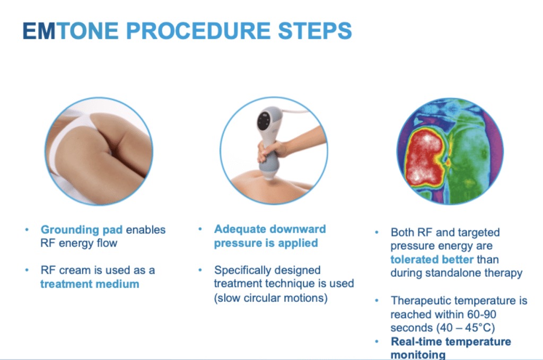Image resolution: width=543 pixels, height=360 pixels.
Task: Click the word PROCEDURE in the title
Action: click(x=198, y=30)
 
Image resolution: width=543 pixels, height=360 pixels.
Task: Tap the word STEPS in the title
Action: click(x=315, y=30)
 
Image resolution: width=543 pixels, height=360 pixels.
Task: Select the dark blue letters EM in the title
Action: click(x=39, y=30)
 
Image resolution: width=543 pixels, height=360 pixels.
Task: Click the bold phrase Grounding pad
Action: click(x=81, y=230)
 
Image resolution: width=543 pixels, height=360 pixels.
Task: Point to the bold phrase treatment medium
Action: click(x=90, y=284)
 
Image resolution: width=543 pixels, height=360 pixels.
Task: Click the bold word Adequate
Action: click(x=240, y=229)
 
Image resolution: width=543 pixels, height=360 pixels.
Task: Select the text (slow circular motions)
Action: click(x=270, y=297)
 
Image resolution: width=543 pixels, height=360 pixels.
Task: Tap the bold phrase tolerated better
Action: click(x=432, y=259)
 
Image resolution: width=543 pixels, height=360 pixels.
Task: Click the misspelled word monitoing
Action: click(x=418, y=355)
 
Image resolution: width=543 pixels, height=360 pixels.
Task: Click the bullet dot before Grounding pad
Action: click(x=27, y=230)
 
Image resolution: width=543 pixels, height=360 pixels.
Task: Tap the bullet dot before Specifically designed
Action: click(x=200, y=270)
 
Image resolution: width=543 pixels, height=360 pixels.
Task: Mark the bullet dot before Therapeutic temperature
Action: click(x=377, y=301)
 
